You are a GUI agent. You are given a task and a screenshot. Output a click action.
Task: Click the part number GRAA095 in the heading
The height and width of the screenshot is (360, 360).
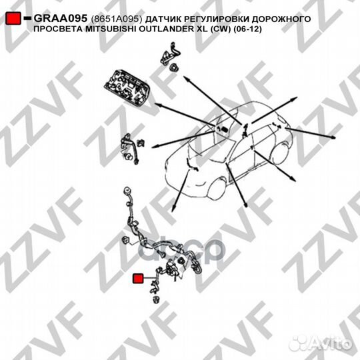[x=61, y=19]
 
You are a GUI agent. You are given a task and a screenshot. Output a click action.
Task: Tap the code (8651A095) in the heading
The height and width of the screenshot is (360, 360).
[x=117, y=19]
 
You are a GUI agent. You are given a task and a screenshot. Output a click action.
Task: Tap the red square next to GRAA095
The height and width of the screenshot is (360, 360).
[x=13, y=19]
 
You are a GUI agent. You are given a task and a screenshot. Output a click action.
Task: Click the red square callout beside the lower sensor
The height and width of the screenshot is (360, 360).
[x=138, y=278]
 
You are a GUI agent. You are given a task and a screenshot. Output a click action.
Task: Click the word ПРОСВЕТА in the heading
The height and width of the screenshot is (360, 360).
[x=59, y=29]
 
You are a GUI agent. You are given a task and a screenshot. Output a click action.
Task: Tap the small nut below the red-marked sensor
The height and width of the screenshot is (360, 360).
[x=157, y=299]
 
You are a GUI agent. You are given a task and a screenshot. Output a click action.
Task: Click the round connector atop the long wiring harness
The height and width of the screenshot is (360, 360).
[x=127, y=191]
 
